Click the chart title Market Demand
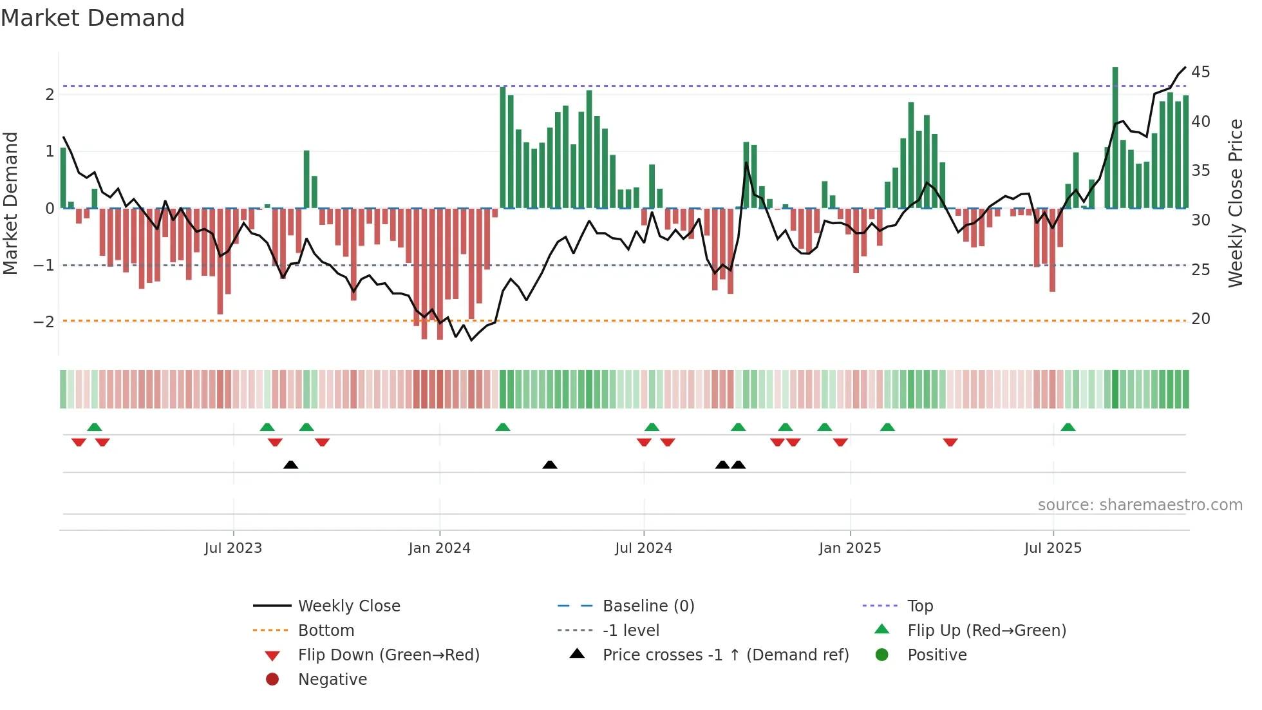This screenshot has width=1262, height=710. coord(93,18)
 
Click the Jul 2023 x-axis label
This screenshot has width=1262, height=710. coord(233,548)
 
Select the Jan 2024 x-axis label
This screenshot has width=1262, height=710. coord(439,548)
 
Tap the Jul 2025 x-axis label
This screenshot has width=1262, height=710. coord(1053,548)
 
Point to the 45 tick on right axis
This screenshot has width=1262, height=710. coord(1200,72)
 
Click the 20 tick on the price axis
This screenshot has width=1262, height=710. coord(1200,319)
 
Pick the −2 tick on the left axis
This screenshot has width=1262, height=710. coord(44,321)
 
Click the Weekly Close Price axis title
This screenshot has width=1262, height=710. coord(1235,203)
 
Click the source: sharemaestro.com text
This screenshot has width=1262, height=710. coord(1140,505)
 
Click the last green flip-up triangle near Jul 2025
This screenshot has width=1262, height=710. coord(1068,427)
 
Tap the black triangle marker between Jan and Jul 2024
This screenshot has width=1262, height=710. coord(549,465)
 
